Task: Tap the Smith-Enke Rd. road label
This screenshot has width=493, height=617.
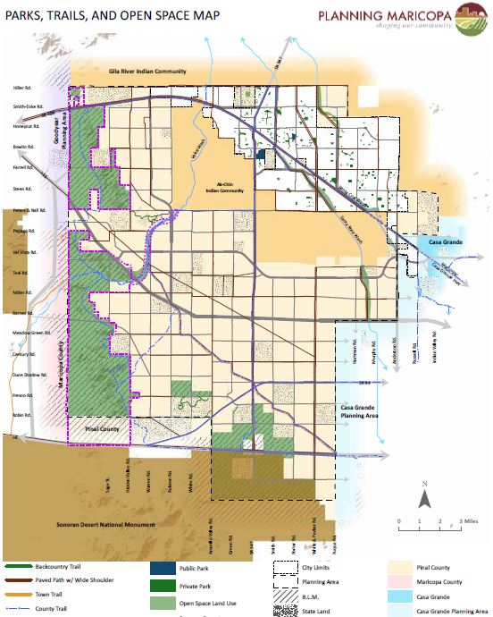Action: [21, 106]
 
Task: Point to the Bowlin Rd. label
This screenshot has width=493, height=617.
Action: [21, 144]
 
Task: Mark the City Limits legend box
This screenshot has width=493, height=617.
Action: [285, 567]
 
